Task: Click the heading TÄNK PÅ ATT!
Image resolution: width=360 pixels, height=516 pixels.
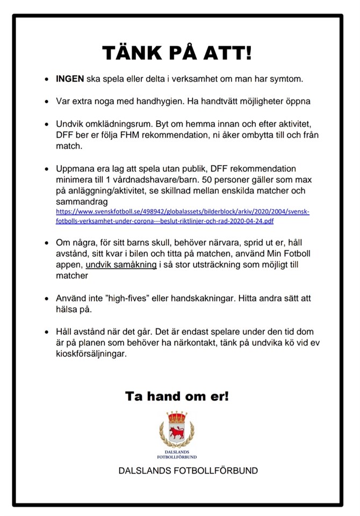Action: [x=177, y=53]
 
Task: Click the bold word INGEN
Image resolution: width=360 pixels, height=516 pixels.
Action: [x=70, y=79]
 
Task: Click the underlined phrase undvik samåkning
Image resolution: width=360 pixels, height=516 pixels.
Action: [x=121, y=265]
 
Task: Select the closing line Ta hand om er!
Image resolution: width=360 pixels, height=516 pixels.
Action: [x=177, y=397]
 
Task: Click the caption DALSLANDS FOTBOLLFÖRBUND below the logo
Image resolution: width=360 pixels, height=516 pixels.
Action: [x=188, y=471]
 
